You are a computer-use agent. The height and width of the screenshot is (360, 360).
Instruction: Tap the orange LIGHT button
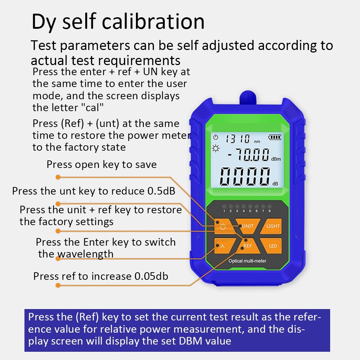click(273, 226)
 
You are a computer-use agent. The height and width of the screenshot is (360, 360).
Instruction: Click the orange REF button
click(247, 246)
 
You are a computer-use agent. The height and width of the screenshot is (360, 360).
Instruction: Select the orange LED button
click(273, 246)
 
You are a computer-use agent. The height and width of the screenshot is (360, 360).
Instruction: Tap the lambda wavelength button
click(222, 246)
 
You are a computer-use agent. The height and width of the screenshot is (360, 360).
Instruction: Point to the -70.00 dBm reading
click(248, 155)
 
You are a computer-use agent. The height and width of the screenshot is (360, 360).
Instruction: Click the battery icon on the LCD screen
click(275, 137)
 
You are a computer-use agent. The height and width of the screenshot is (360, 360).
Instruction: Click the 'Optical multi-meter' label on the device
click(247, 261)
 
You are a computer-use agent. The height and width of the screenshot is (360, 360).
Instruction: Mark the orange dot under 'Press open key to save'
click(58, 177)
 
